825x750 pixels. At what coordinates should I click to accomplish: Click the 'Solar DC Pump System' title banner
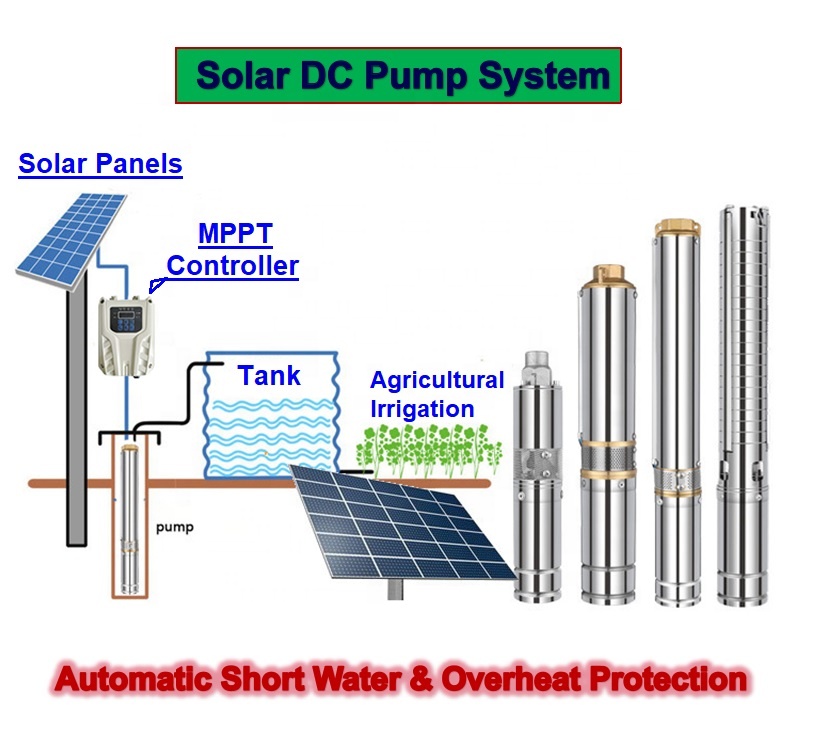coord(398,75)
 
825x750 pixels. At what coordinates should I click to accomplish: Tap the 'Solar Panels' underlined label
coord(100,163)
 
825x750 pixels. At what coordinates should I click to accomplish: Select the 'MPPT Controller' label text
coord(234,250)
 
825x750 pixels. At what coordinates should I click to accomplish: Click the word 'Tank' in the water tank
coord(269,375)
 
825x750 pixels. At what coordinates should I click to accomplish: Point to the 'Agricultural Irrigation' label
coord(436,394)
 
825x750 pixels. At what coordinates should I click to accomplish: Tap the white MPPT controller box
coord(130,332)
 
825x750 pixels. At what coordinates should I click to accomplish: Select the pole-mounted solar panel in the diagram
coord(72,236)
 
